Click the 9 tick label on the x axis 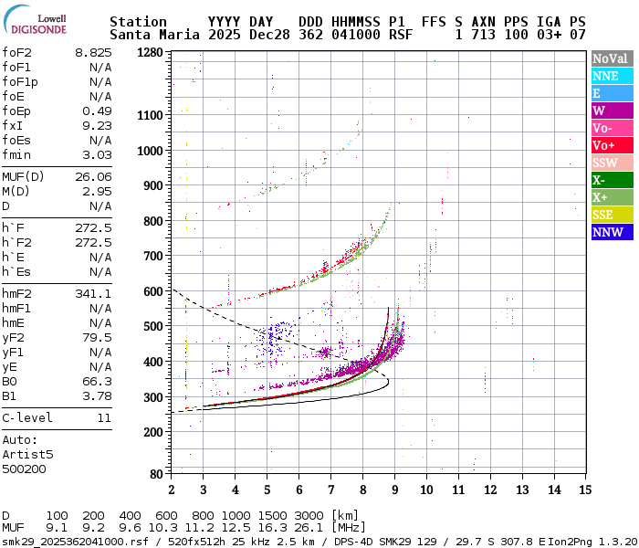pos(394,490)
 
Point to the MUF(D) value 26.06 pos(93,176)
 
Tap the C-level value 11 pos(104,417)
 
